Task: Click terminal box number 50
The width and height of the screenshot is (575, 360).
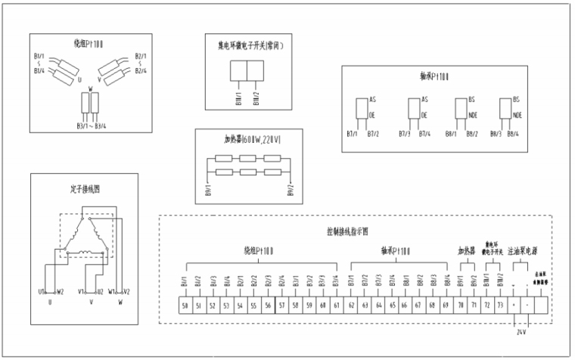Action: [x=186, y=305]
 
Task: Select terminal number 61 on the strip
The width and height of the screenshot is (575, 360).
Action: [x=336, y=305]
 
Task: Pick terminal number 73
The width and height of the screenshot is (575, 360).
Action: [x=499, y=305]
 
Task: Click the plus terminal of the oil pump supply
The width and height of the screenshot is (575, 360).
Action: [x=514, y=305]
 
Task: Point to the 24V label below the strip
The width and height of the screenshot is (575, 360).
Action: [x=521, y=331]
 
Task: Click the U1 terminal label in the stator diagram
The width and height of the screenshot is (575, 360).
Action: [x=42, y=291]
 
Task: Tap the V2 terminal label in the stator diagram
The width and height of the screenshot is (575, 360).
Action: [x=126, y=291]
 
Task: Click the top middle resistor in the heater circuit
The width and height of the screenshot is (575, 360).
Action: [x=248, y=158]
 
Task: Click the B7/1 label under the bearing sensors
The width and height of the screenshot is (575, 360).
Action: [x=352, y=134]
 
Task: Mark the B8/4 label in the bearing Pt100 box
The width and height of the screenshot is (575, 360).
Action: [x=511, y=134]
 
